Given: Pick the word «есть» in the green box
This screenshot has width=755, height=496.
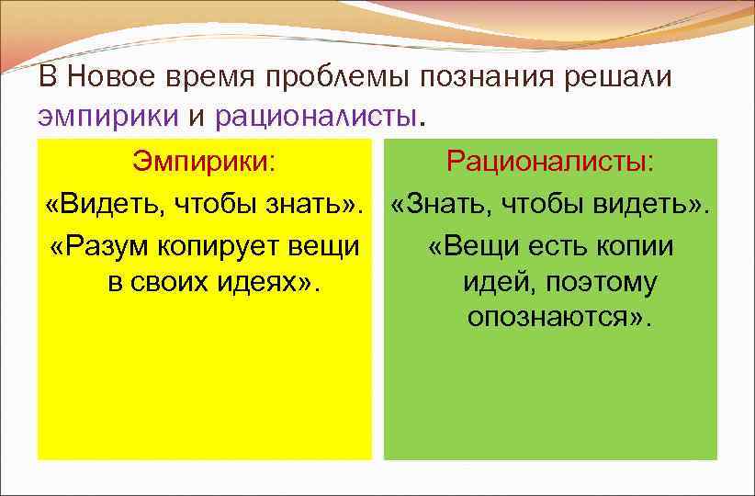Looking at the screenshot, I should [x=556, y=247].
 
